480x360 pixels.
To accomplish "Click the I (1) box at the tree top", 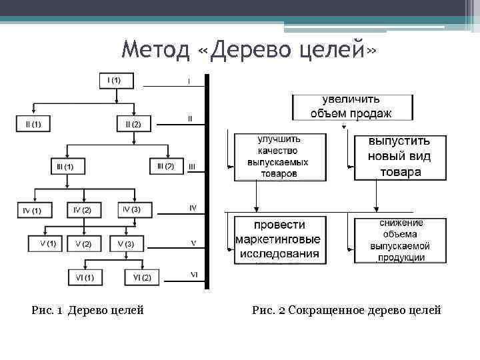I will pos(117,81).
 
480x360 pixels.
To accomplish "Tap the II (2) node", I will pos(134,124).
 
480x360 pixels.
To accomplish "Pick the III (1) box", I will pos(66,165).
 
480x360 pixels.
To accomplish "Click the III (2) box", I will pos(165,165).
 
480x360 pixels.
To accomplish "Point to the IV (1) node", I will pos(33,210).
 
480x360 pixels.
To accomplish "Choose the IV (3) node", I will pos(131,210).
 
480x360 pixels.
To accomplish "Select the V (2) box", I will pos(83,244).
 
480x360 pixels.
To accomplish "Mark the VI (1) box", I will pos(84,277).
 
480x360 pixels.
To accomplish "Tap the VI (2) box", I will pos(142,277).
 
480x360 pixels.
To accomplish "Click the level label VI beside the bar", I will pos(193,274).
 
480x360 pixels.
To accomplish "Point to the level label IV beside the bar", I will pos(193,208).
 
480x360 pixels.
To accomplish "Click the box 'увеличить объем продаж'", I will pos(351,107).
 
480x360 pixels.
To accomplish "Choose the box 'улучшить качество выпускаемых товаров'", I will pos(279,156).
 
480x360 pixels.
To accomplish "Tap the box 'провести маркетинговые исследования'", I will pos(278,239).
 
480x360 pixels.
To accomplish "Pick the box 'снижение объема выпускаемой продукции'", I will pos(400,239).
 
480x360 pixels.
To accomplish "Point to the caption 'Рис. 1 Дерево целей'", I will pos(87,310).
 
